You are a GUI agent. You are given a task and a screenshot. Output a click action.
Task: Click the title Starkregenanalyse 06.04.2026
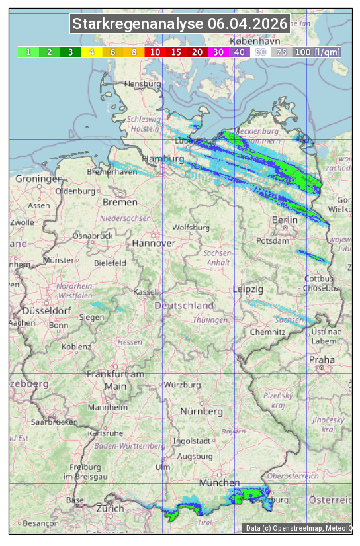[x=180, y=24]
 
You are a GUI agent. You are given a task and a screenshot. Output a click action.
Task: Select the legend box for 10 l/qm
[x=154, y=52]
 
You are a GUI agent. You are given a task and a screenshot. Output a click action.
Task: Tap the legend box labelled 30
[x=218, y=52]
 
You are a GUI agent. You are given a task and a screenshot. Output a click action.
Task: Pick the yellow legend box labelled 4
[x=91, y=52]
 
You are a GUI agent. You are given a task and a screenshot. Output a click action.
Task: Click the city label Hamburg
[x=163, y=159]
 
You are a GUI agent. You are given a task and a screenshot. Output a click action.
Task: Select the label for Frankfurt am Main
[x=115, y=380]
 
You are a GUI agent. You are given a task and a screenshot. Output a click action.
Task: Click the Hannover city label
[x=154, y=243]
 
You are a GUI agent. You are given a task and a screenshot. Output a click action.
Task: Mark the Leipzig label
[x=248, y=289]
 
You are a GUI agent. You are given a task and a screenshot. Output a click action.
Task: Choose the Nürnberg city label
[x=201, y=411]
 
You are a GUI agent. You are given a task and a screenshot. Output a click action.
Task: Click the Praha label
[x=322, y=359]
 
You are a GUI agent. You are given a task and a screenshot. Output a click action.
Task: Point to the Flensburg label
[x=143, y=85]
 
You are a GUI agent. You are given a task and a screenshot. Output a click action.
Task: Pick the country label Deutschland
[x=184, y=306]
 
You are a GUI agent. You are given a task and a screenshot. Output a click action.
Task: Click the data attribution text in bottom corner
[x=298, y=528]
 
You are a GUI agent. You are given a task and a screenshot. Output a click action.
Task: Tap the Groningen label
[x=39, y=179]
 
